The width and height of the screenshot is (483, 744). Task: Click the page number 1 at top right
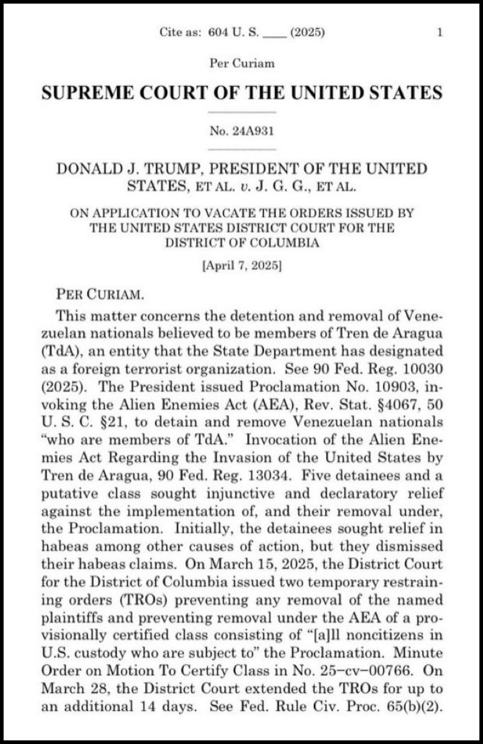(440, 32)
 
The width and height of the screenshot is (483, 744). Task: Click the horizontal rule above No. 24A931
(242, 112)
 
